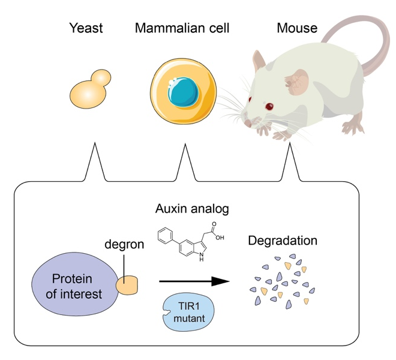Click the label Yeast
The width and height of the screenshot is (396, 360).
[x=86, y=28]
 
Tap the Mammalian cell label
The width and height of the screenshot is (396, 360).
[x=182, y=28]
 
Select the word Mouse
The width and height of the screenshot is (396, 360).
[x=297, y=28]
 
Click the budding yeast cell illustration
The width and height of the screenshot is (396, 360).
[x=89, y=90]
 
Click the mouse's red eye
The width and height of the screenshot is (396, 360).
[x=269, y=107]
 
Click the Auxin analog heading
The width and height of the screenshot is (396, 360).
[x=192, y=209]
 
